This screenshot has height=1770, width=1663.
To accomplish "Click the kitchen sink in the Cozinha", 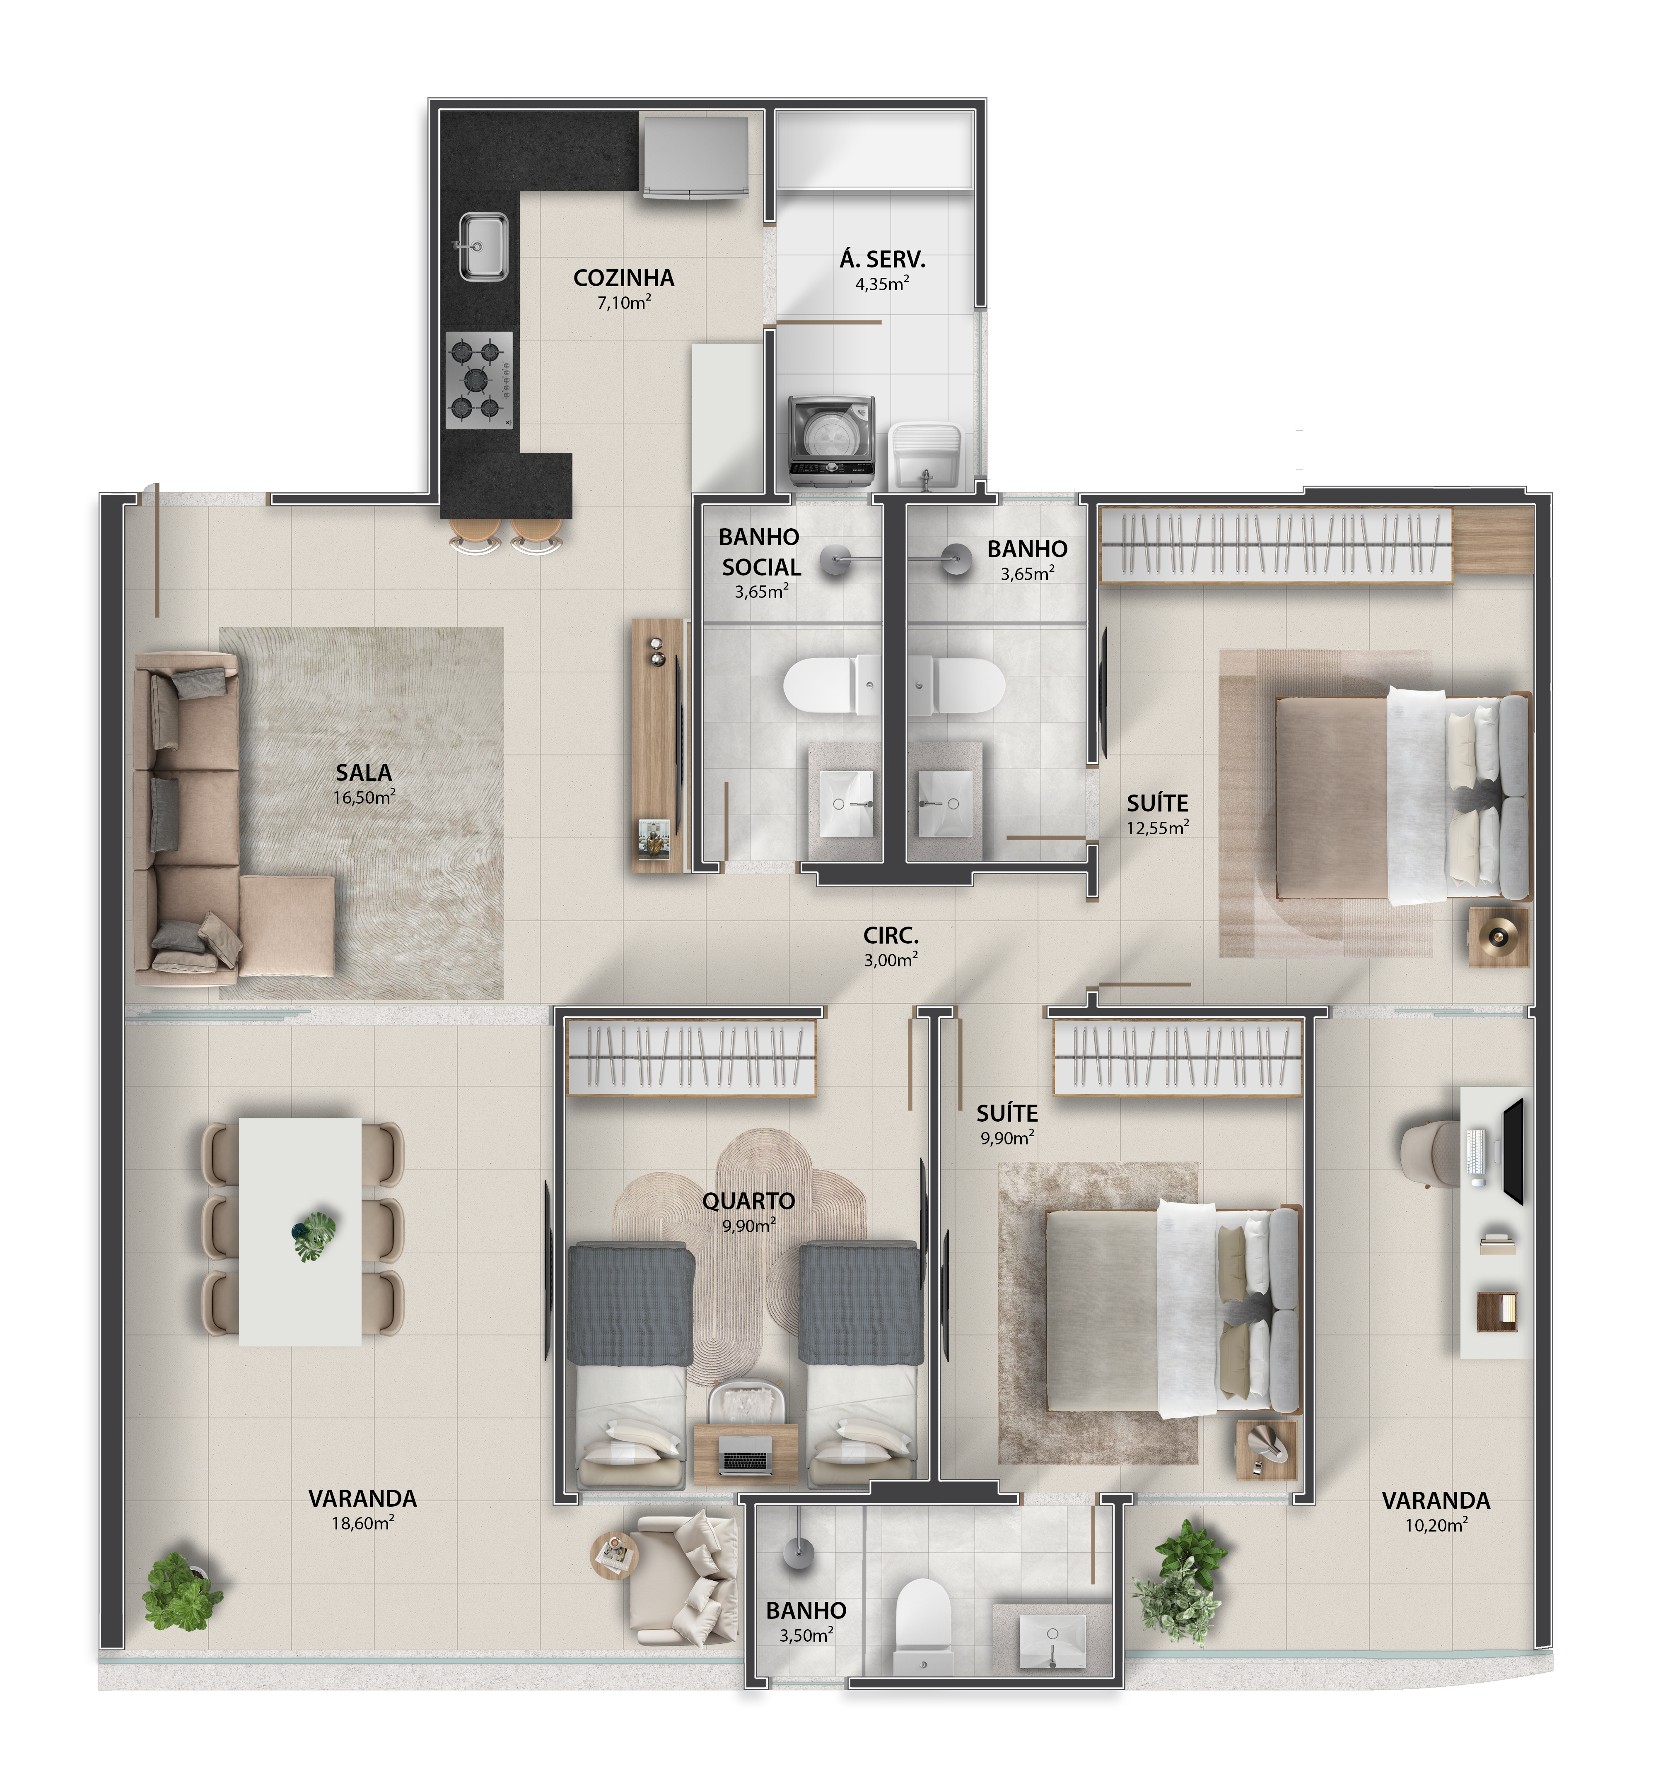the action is click(x=483, y=247).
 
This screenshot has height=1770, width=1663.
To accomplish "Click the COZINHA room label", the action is click(x=623, y=278).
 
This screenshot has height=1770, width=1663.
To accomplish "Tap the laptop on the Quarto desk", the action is click(x=746, y=1459).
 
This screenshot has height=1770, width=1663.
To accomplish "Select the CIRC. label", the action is click(x=891, y=936).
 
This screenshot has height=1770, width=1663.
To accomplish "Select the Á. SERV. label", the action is click(x=882, y=260).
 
